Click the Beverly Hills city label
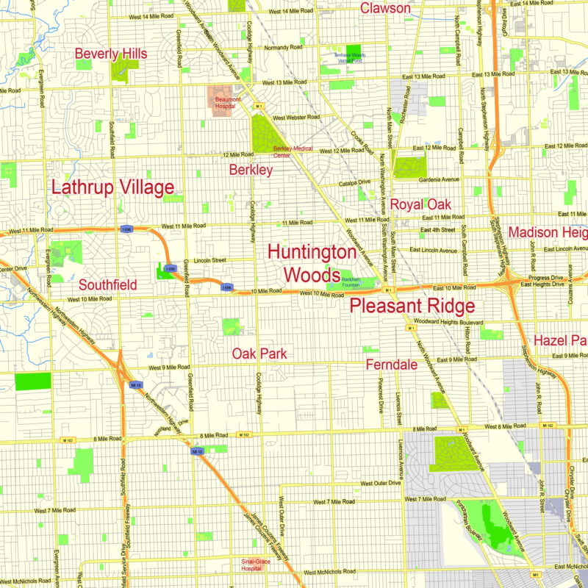click(111, 54)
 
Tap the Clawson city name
click(385, 8)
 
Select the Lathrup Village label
click(112, 187)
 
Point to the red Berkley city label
click(251, 171)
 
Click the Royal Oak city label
click(420, 204)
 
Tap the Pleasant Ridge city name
click(412, 306)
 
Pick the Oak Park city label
click(259, 354)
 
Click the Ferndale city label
click(393, 365)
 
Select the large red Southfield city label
click(108, 284)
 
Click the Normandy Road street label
click(283, 47)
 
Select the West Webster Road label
click(296, 118)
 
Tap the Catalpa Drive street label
click(354, 183)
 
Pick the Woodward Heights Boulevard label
click(447, 322)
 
